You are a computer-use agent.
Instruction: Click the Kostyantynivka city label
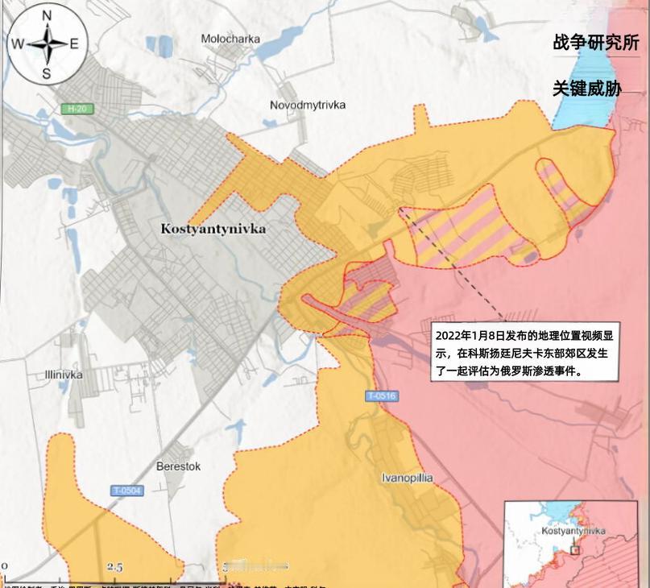pyautogui.click(x=213, y=229)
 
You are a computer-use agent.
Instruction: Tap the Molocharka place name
pyautogui.click(x=230, y=38)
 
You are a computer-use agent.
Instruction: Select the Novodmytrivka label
pyautogui.click(x=308, y=106)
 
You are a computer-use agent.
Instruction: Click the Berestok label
pyautogui.click(x=178, y=466)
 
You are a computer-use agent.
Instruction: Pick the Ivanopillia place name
pyautogui.click(x=407, y=478)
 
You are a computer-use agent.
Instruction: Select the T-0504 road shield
pyautogui.click(x=127, y=491)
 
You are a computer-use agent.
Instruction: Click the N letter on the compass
pyautogui.click(x=46, y=15)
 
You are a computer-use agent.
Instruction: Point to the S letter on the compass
pyautogui.click(x=46, y=74)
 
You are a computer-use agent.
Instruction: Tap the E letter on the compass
pyautogui.click(x=74, y=44)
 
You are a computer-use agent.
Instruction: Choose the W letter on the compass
pyautogui.click(x=17, y=44)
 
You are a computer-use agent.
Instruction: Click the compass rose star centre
pyautogui.click(x=46, y=44)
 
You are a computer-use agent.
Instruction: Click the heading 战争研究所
pyautogui.click(x=595, y=42)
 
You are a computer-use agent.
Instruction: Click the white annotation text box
pyautogui.click(x=525, y=353)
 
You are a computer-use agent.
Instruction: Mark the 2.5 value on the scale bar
pyautogui.click(x=114, y=568)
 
